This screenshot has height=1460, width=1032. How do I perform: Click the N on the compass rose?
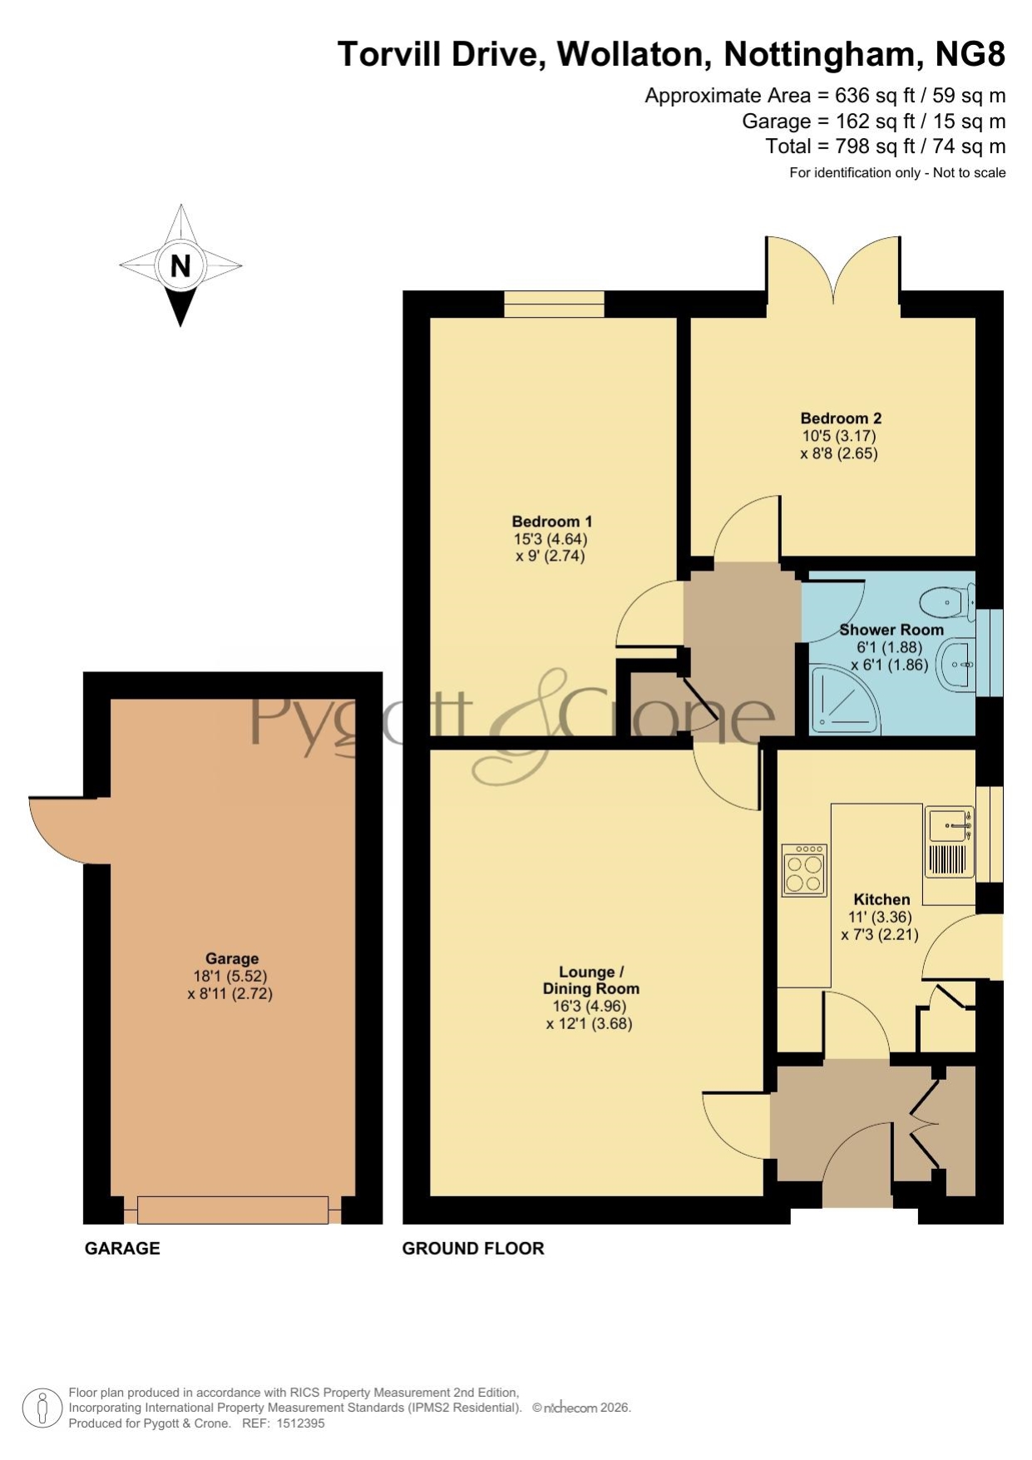(180, 265)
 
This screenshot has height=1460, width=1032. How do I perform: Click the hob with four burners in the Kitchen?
(804, 870)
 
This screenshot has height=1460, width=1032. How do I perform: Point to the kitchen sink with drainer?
(949, 841)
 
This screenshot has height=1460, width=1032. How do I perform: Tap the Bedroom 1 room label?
(552, 522)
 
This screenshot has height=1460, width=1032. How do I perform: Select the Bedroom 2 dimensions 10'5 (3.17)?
(838, 435)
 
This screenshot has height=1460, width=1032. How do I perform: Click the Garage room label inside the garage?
(232, 958)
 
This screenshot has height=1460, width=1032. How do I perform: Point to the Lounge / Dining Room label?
(590, 980)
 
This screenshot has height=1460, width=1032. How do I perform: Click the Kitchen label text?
(881, 899)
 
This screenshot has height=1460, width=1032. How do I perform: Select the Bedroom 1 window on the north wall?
(554, 304)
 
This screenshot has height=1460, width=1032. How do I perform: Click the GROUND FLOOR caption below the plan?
(473, 1248)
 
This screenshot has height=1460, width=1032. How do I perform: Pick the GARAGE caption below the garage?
(122, 1248)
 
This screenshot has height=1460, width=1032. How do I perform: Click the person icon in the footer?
(42, 1408)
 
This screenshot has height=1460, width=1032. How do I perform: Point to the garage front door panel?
(233, 1210)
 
